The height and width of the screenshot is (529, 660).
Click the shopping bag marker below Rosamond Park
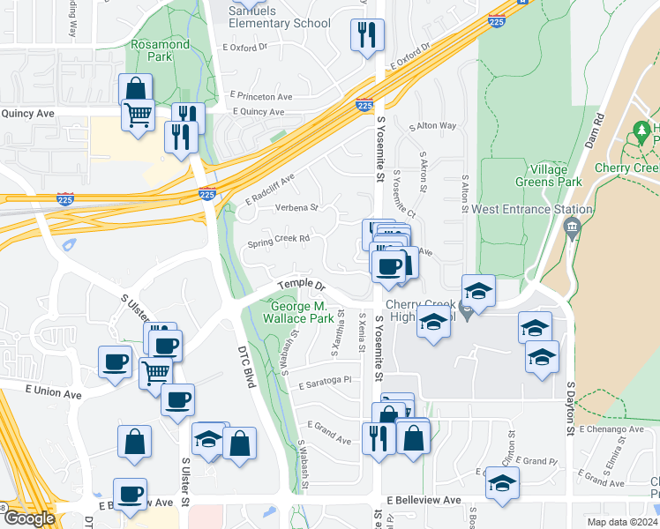tap(135, 89)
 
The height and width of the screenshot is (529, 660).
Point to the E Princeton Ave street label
tap(260, 94)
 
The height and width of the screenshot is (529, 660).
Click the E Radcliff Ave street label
tap(270, 188)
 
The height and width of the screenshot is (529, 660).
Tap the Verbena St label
tap(295, 208)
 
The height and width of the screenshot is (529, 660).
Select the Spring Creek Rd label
tap(278, 239)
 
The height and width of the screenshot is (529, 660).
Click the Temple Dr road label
tap(302, 286)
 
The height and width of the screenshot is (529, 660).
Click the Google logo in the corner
tap(29, 518)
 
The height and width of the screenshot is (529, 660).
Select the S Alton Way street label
tap(433, 126)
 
